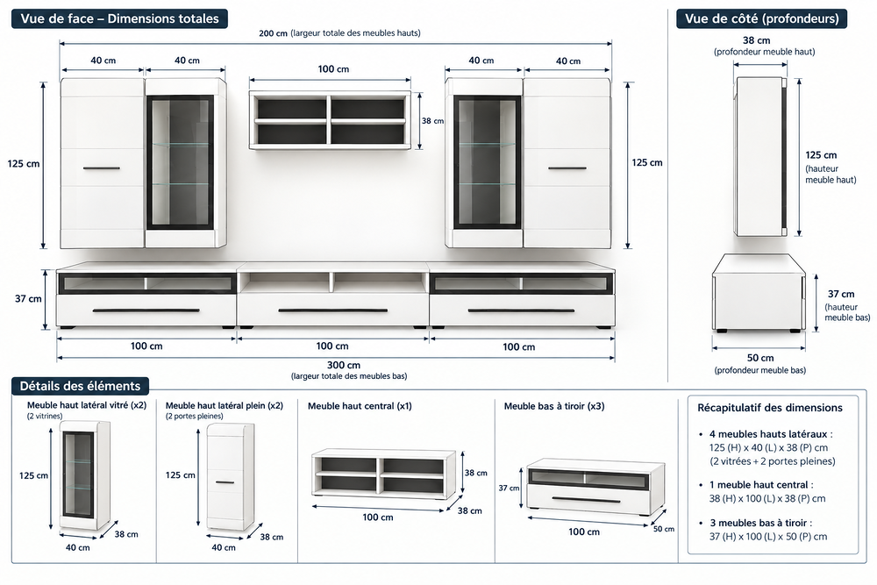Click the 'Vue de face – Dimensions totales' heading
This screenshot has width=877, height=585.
(119, 18)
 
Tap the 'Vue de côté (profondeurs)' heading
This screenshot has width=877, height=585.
(762, 18)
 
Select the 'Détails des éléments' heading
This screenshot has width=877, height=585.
(80, 386)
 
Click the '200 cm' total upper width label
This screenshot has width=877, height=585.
(273, 33)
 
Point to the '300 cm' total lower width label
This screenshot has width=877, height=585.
(344, 365)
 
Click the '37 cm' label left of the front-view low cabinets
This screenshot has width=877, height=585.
(28, 299)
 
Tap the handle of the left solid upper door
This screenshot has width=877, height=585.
(101, 168)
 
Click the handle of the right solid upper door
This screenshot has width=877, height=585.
(567, 168)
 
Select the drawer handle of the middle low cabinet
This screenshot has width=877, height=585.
(332, 310)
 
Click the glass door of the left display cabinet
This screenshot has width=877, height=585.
(180, 162)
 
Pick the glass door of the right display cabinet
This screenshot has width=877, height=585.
(487, 162)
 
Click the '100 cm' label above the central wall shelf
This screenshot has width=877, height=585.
(333, 68)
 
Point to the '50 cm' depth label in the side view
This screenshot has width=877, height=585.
(760, 358)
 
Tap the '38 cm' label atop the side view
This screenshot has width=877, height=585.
(756, 40)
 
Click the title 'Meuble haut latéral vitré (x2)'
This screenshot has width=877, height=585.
(87, 405)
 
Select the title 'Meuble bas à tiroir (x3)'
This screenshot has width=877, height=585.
(554, 406)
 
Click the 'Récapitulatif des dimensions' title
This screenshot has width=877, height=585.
(770, 408)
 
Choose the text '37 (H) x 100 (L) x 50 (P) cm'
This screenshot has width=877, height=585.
(768, 537)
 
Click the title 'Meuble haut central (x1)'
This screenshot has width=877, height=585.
(360, 406)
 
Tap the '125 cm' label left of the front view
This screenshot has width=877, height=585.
(24, 164)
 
